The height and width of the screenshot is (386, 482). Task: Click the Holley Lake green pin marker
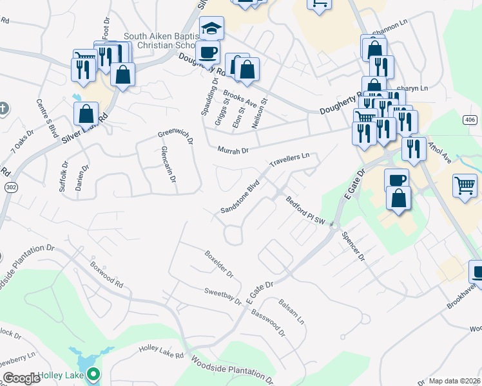click(x=94, y=374)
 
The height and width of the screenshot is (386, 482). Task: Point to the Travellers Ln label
click(x=290, y=160)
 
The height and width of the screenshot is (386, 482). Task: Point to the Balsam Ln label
click(x=291, y=311)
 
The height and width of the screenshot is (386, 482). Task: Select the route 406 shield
click(x=469, y=120)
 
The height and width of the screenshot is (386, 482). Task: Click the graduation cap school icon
click(x=211, y=28)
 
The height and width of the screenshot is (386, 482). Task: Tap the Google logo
click(x=21, y=378)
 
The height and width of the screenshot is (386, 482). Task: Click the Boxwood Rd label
click(x=106, y=273)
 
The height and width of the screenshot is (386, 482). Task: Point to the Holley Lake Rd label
click(x=162, y=352)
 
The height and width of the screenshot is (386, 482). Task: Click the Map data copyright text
click(x=454, y=381)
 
